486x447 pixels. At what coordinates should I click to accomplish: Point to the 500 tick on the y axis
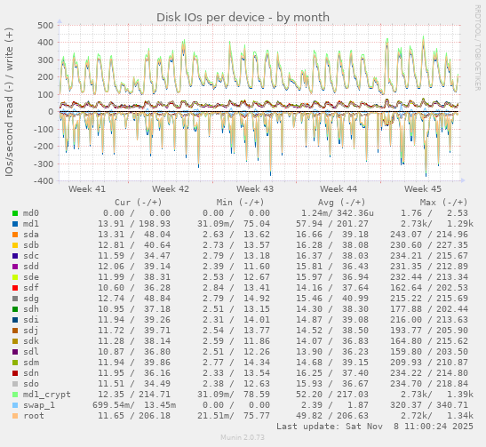pyautogui.click(x=44, y=25)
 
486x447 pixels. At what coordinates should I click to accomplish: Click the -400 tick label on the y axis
pyautogui.click(x=41, y=181)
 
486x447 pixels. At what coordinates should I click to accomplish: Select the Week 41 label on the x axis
pyautogui.click(x=86, y=189)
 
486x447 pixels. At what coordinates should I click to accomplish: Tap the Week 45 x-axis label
pyautogui.click(x=422, y=189)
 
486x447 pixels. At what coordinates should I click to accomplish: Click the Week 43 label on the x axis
pyautogui.click(x=255, y=189)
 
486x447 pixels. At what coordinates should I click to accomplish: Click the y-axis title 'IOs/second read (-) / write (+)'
pyautogui.click(x=9, y=102)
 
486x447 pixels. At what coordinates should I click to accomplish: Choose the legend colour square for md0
pyautogui.click(x=15, y=213)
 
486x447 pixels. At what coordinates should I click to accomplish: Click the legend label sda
pyautogui.click(x=31, y=233)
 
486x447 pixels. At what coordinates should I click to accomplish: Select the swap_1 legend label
pyautogui.click(x=39, y=403)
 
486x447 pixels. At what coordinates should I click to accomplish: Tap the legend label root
pyautogui.click(x=34, y=414)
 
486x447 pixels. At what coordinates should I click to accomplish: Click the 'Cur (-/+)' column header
pyautogui.click(x=136, y=202)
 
